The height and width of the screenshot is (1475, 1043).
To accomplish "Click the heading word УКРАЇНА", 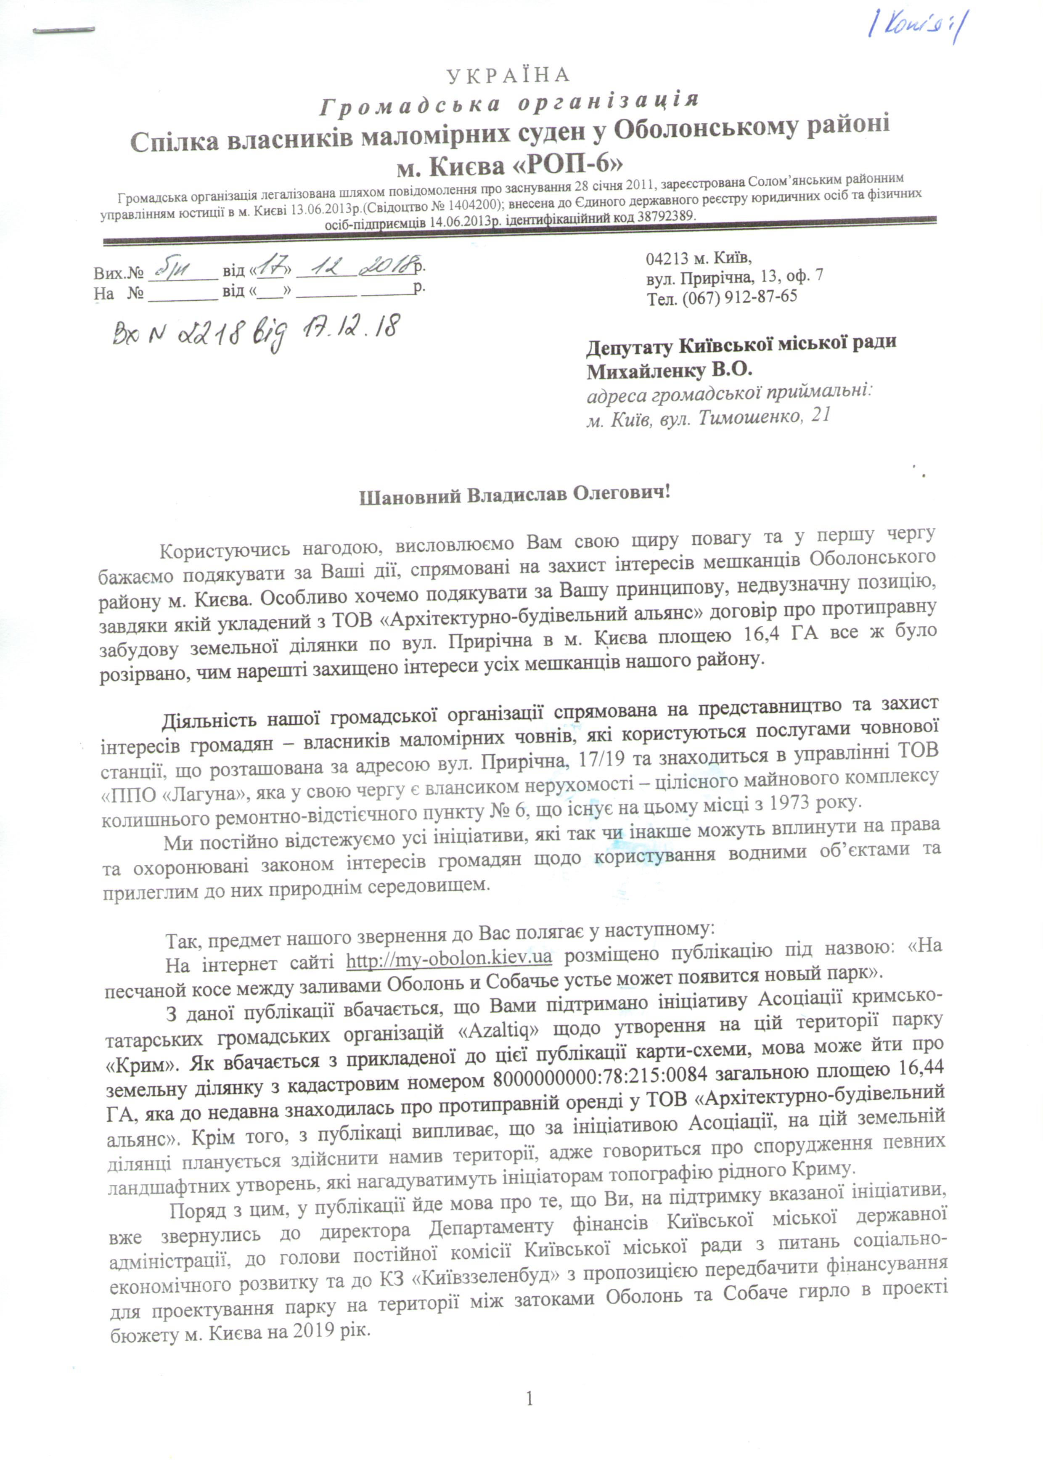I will coord(508,75).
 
